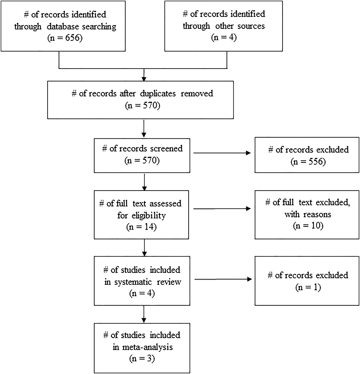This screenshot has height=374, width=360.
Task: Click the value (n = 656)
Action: (x=65, y=38)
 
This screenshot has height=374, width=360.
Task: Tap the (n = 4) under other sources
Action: (x=224, y=37)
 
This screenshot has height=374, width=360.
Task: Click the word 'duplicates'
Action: (x=158, y=93)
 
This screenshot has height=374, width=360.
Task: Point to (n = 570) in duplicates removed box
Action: (x=142, y=105)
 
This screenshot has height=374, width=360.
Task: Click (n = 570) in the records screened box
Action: (x=142, y=161)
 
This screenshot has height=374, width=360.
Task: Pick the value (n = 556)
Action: (x=308, y=162)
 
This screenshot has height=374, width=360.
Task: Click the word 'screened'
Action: (x=165, y=149)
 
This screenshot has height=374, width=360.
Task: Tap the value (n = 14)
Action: (x=141, y=227)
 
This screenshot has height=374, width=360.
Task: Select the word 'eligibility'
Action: (x=149, y=216)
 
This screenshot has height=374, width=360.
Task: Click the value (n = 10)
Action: (x=308, y=226)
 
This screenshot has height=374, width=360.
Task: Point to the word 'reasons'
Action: (x=317, y=214)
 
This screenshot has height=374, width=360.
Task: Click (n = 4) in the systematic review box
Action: (x=142, y=294)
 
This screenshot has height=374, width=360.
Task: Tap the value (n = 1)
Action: (x=308, y=287)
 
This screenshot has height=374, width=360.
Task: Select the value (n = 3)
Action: (x=142, y=359)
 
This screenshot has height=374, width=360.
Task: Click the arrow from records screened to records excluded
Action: (x=222, y=153)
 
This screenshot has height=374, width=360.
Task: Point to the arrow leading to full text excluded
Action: (x=222, y=209)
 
